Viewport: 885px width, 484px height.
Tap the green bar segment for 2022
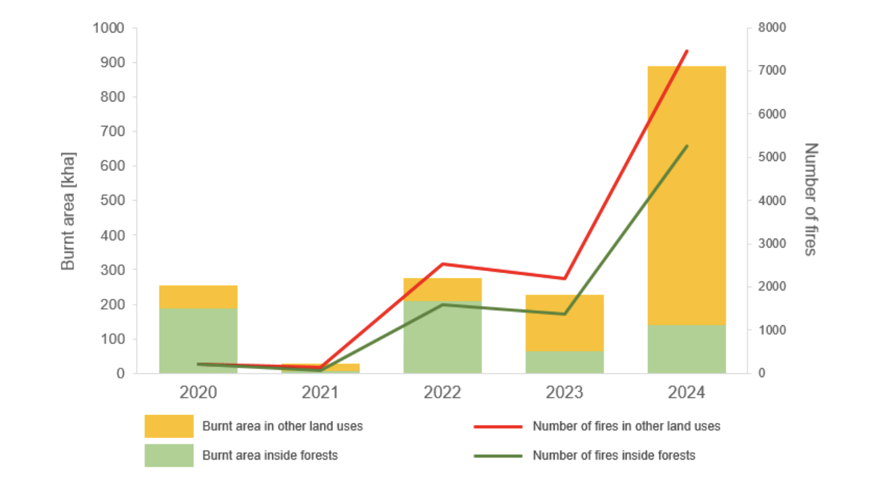click(x=442, y=338)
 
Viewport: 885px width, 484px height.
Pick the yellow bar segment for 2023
click(x=565, y=322)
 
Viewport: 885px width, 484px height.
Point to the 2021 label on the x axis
click(x=320, y=393)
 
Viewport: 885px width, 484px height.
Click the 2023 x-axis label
click(x=565, y=393)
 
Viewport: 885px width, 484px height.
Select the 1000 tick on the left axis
click(x=111, y=28)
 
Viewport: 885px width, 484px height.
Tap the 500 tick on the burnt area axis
click(x=113, y=201)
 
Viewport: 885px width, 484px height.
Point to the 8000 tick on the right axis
click(x=773, y=28)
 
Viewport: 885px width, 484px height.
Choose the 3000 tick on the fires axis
click(x=773, y=243)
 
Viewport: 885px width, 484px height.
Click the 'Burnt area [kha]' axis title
click(x=68, y=211)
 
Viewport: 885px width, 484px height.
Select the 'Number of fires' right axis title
click(x=811, y=199)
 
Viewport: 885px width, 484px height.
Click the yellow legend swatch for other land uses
click(x=169, y=427)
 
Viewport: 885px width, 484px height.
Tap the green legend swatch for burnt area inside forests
click(x=169, y=455)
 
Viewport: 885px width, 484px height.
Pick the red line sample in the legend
click(x=498, y=427)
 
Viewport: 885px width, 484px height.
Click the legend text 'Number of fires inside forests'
click(x=613, y=456)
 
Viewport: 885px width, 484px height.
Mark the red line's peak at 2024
click(x=686, y=51)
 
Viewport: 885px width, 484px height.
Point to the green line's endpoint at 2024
click(x=686, y=146)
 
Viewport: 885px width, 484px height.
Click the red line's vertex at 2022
click(x=442, y=264)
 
